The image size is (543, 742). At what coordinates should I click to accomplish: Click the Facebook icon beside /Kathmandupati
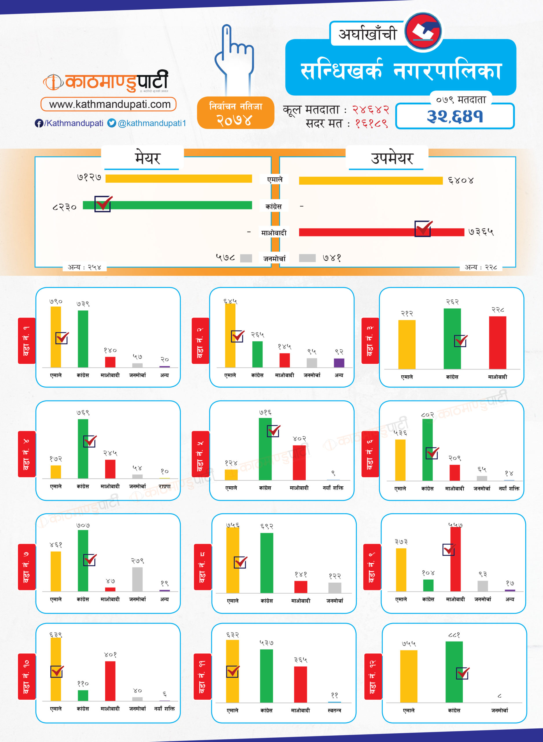coord(39,123)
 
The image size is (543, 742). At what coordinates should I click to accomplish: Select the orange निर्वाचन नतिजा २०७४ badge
coord(235,113)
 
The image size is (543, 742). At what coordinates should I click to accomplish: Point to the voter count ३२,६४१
coord(455,116)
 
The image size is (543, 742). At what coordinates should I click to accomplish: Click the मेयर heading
coord(147,158)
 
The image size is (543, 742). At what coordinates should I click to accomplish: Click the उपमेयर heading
coord(392,158)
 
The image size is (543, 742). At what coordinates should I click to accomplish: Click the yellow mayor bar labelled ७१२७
coord(179,179)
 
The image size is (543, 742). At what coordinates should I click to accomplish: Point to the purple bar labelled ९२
coord(339,363)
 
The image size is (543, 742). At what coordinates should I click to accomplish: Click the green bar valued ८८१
coord(454,671)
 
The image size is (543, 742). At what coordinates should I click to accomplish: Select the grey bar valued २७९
coord(137,579)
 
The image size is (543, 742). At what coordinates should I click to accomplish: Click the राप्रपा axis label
coord(164,486)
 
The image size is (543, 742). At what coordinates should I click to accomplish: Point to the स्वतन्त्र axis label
coord(334,710)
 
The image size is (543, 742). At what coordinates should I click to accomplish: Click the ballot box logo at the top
coord(423,31)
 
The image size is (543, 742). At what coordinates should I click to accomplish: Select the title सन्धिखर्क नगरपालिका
coord(401,70)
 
